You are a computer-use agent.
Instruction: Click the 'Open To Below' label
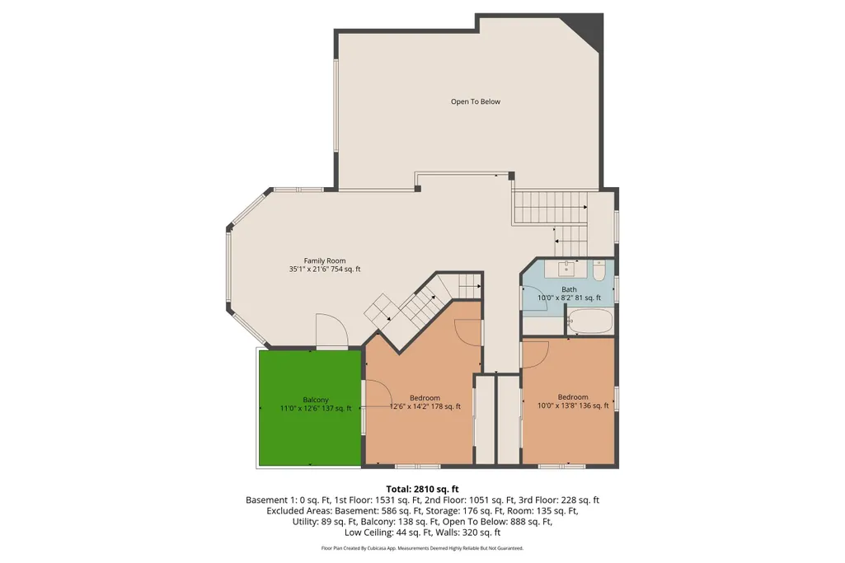click(x=476, y=101)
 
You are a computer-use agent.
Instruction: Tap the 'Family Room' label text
click(x=325, y=260)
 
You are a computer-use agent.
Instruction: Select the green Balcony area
click(x=310, y=407)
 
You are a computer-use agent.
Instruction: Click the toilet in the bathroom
click(x=599, y=270)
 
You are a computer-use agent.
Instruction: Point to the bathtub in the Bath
click(x=590, y=321)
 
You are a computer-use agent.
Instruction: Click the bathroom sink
click(x=566, y=268)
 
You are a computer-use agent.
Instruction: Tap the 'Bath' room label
click(x=569, y=289)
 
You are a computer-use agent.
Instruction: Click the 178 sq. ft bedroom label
click(x=425, y=402)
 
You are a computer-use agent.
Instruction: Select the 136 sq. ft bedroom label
click(x=573, y=401)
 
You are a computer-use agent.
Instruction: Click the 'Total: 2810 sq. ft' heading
click(x=422, y=489)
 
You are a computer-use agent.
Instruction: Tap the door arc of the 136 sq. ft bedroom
click(x=536, y=354)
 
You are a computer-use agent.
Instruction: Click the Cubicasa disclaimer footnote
click(x=422, y=548)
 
